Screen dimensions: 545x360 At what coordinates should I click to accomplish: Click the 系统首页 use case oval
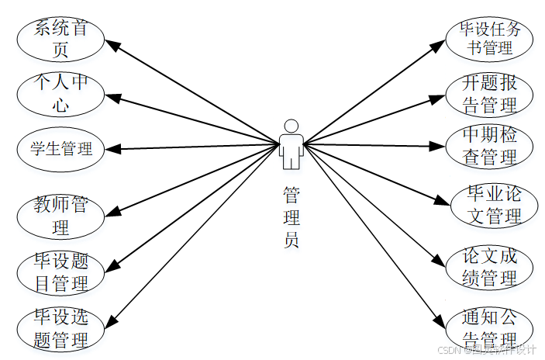60,40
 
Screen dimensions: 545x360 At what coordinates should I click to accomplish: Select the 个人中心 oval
60,93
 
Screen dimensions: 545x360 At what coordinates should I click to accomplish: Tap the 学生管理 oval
60,148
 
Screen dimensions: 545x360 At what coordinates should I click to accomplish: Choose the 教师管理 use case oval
60,216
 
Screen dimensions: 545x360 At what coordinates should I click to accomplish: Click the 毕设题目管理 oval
60,272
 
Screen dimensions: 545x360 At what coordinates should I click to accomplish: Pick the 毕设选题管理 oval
60,328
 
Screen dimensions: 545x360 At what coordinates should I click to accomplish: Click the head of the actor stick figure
291,126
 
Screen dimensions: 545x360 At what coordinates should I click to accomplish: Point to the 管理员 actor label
291,216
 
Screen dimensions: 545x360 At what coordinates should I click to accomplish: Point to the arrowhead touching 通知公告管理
441,321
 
